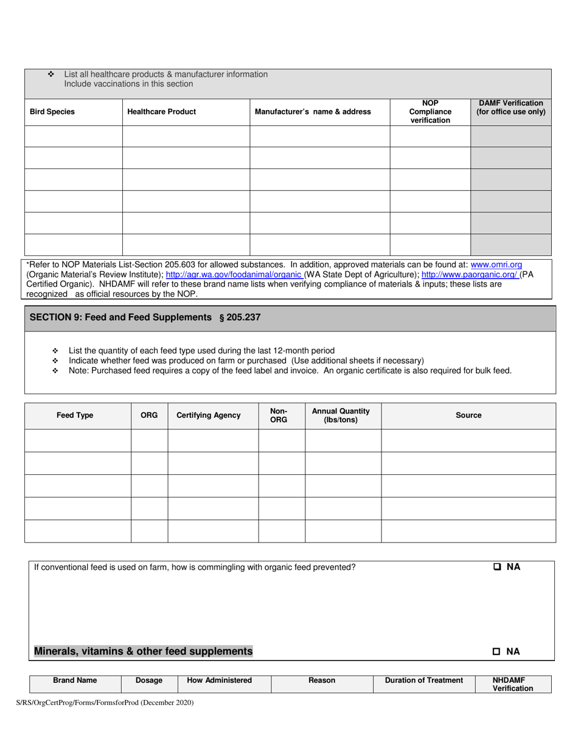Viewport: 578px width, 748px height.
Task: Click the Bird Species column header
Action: tap(53, 112)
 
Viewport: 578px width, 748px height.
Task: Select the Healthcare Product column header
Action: tap(162, 112)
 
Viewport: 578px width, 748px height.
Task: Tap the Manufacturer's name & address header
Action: tap(313, 112)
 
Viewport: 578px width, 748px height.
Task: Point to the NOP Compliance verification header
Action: tap(430, 112)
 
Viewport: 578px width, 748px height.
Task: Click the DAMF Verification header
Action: tap(510, 108)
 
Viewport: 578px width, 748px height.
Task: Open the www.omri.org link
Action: tap(496, 265)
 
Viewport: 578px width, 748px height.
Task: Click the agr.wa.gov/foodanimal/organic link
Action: tap(234, 274)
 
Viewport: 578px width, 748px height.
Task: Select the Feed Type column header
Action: tap(75, 415)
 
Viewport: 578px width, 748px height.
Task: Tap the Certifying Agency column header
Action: tap(208, 415)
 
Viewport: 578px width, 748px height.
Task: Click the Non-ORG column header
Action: tap(279, 415)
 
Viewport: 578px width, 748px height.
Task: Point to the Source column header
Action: tap(468, 415)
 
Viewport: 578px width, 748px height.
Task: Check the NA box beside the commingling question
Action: tap(497, 567)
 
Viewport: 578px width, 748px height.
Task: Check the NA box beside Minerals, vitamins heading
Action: tap(497, 652)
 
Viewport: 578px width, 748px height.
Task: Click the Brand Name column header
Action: tap(75, 680)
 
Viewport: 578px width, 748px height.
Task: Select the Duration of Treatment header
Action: tap(424, 680)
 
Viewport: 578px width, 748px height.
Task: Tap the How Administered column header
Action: tap(219, 680)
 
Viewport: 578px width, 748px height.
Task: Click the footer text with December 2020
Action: tap(105, 703)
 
